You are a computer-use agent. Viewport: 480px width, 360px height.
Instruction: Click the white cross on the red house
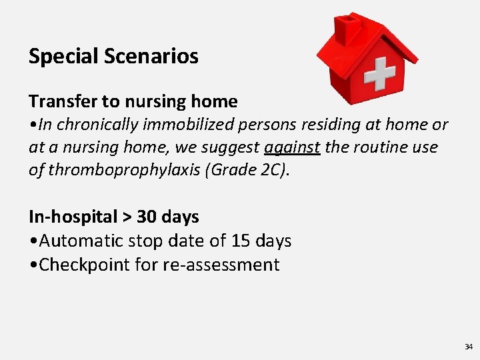click(379, 73)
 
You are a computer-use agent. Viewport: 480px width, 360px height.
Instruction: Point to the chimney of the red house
click(348, 28)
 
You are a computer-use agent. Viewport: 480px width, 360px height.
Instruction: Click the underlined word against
click(292, 147)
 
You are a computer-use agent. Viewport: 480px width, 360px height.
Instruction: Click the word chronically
click(90, 125)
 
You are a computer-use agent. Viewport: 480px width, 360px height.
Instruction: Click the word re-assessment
click(221, 265)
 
